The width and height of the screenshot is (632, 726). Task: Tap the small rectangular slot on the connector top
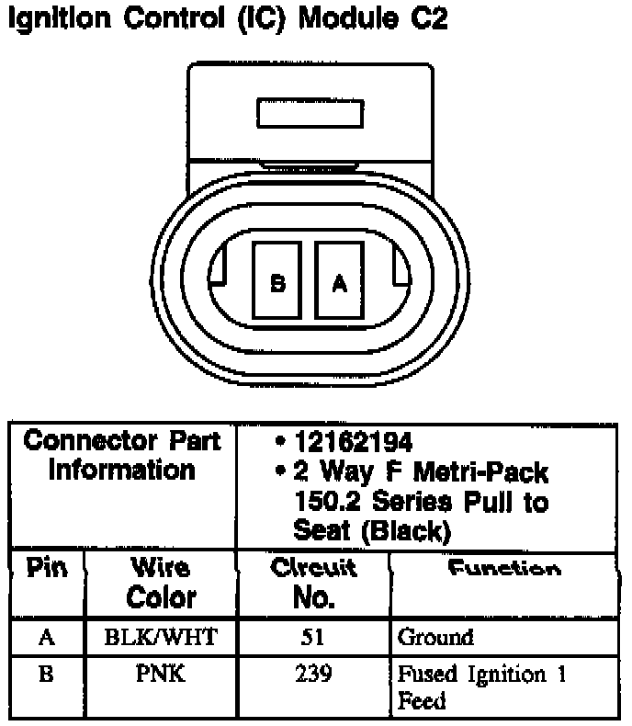coord(310,114)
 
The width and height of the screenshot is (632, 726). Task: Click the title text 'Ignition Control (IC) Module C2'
coord(227,19)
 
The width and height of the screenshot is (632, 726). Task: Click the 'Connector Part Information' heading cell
coord(122,456)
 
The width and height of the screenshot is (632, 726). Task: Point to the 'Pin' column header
coord(46,569)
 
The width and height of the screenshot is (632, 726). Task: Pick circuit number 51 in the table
coord(313,637)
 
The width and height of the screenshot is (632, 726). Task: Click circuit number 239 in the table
coord(313,675)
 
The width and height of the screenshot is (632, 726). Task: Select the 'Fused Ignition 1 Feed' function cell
coord(481,687)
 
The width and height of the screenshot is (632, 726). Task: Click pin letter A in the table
coord(46,637)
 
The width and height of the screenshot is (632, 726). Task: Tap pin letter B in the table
coord(46,675)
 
